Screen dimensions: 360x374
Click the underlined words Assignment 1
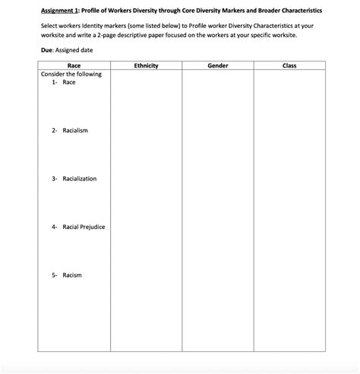[x=59, y=11]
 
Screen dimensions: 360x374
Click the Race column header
[x=74, y=66]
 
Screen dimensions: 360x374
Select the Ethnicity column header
[x=145, y=66]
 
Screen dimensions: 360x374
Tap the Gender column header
[x=217, y=66]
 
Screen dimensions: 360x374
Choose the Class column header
[x=289, y=66]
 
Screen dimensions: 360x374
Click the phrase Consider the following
[x=71, y=74]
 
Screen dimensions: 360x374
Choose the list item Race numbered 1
[x=69, y=82]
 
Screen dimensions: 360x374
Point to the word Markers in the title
[x=222, y=11]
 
